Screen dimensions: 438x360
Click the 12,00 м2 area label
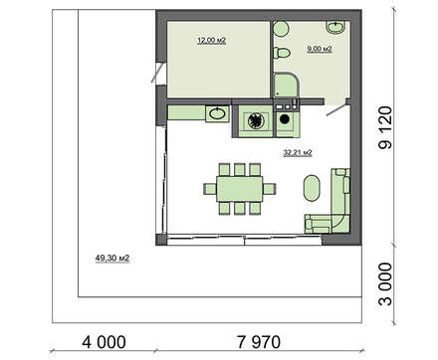coord(212,41)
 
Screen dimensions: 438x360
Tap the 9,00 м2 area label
coord(320,49)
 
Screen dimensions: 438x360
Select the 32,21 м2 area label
coord(298,153)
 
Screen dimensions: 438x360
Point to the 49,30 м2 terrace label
coord(112,258)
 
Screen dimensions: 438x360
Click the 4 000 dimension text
coord(104,342)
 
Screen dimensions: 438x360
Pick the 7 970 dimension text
coord(259,342)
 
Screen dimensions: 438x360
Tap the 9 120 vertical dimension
coord(385,127)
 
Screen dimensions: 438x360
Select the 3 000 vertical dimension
coord(385,283)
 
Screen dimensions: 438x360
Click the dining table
coord(240,189)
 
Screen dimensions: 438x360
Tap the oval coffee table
coord(312,188)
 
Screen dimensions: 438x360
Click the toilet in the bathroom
coord(282,53)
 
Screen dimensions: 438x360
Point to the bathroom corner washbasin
coord(335,27)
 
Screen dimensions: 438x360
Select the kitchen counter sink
coord(217,113)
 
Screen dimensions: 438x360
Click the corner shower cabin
coord(287,86)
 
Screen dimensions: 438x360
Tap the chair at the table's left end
coord(210,189)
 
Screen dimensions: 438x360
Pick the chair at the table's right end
coord(270,189)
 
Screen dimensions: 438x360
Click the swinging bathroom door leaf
coord(336,110)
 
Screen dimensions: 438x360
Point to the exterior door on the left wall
coord(157,73)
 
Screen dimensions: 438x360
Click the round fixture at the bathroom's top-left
coord(282,28)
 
